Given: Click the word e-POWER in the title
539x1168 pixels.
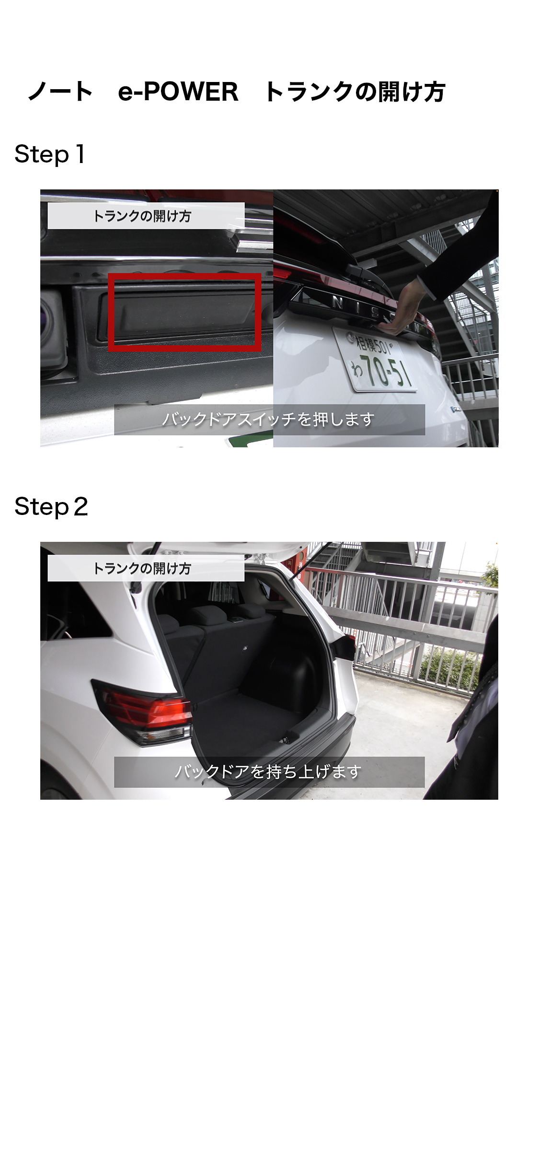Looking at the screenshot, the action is coord(178,92).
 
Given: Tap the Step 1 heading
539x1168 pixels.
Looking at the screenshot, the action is coord(50,154).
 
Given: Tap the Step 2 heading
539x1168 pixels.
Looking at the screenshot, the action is coord(51,507).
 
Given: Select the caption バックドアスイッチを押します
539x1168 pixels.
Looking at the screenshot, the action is coord(269,420).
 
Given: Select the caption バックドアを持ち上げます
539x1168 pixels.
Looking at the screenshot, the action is coord(269,772).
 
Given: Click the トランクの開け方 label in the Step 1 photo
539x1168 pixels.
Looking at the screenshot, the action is coord(142,216).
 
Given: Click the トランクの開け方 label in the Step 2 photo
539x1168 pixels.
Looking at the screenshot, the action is coord(142,568).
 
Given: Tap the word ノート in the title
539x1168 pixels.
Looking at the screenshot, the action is coord(60,92).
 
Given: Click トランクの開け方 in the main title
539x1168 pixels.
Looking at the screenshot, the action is coord(355,92).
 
